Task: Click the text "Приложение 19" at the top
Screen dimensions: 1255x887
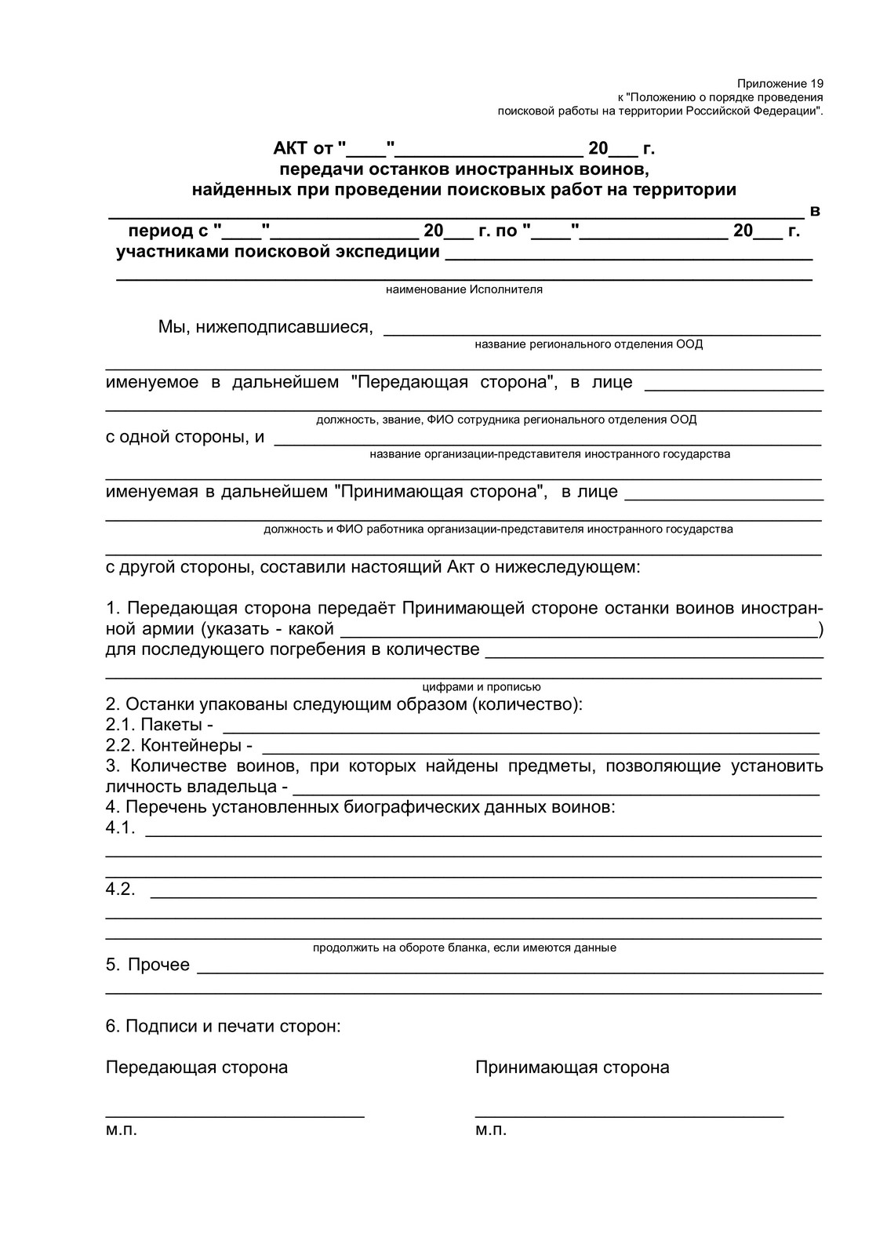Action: click(x=780, y=83)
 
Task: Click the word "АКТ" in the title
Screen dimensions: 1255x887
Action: click(x=291, y=148)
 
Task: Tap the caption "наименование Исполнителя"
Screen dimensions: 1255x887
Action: click(x=463, y=289)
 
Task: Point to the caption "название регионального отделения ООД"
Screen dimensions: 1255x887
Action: click(x=588, y=344)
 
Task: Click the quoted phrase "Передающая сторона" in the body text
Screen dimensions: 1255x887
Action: click(x=453, y=382)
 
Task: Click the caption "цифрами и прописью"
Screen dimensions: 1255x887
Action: click(x=481, y=687)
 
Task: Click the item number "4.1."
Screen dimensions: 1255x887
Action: click(x=120, y=828)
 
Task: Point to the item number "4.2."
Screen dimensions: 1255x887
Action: click(x=120, y=889)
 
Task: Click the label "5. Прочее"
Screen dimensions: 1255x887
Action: click(x=147, y=965)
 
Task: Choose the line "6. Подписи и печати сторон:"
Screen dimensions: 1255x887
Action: click(x=223, y=1026)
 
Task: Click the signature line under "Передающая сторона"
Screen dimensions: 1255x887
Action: click(x=234, y=1114)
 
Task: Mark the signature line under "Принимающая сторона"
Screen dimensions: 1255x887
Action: click(x=629, y=1114)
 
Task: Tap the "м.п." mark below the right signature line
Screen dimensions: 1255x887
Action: click(x=490, y=1130)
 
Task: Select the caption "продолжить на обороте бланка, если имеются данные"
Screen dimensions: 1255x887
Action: click(x=464, y=948)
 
